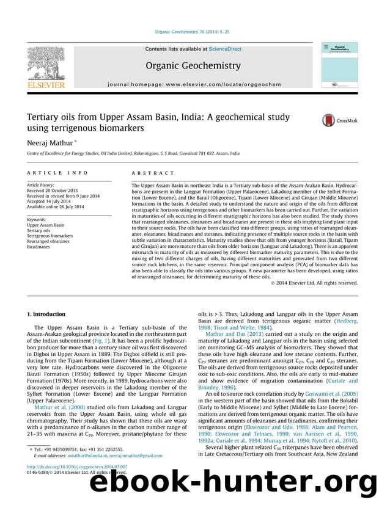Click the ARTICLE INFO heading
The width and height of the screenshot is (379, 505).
tap(51, 173)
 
